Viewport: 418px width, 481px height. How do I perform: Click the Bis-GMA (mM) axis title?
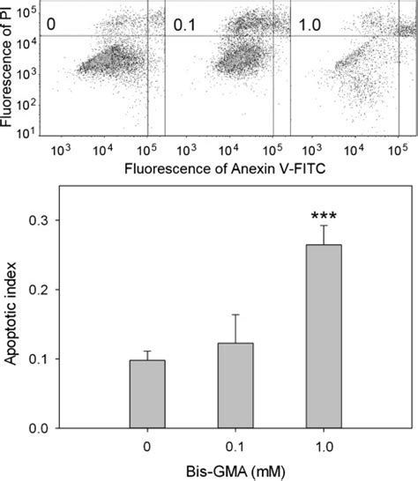click(233, 470)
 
